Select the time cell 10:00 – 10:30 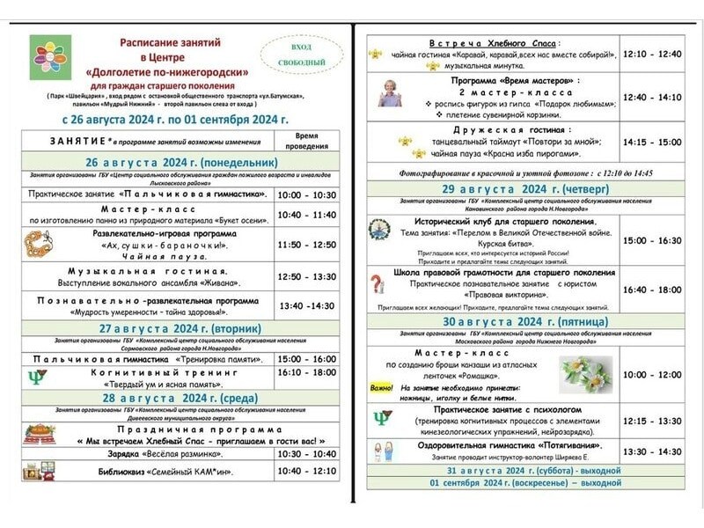point(306,194)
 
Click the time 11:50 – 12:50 point(306,244)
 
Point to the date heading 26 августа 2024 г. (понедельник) point(182,163)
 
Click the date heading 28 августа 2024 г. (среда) point(182,398)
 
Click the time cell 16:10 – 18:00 point(306,372)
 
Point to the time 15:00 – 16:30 point(651,240)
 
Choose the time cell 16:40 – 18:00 point(651,289)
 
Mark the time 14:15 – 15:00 point(651,142)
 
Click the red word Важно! point(381,388)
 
